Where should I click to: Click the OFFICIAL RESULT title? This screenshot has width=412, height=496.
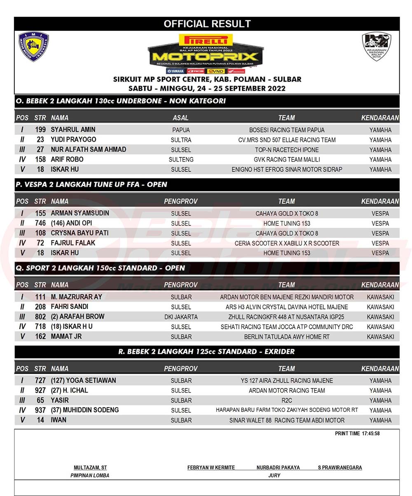[207, 24]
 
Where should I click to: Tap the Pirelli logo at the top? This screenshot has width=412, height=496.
[206, 40]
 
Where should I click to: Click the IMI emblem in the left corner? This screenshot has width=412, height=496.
[33, 47]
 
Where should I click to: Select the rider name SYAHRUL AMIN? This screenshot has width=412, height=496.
[73, 130]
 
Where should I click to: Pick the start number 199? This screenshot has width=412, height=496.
[40, 130]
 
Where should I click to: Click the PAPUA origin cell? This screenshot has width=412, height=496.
[181, 130]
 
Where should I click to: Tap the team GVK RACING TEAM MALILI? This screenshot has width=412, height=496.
[287, 160]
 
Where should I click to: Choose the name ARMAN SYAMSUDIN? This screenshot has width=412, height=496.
[80, 213]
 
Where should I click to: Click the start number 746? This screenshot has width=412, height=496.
[40, 223]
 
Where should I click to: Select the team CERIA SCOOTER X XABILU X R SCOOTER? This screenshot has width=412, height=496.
[287, 243]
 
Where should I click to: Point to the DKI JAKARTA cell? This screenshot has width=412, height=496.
[181, 317]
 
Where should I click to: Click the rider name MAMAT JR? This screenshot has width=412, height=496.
[66, 337]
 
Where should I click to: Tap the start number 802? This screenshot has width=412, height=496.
[40, 317]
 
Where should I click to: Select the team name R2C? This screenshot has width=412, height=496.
[287, 400]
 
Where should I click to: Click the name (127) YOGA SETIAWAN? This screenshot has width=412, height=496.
[83, 381]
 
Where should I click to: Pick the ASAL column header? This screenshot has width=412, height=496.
[181, 118]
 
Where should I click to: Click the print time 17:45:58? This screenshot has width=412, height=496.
[370, 433]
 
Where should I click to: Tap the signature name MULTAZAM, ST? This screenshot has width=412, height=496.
[90, 468]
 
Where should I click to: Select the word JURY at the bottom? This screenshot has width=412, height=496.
[274, 475]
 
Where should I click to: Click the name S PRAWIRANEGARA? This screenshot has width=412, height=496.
[340, 468]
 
